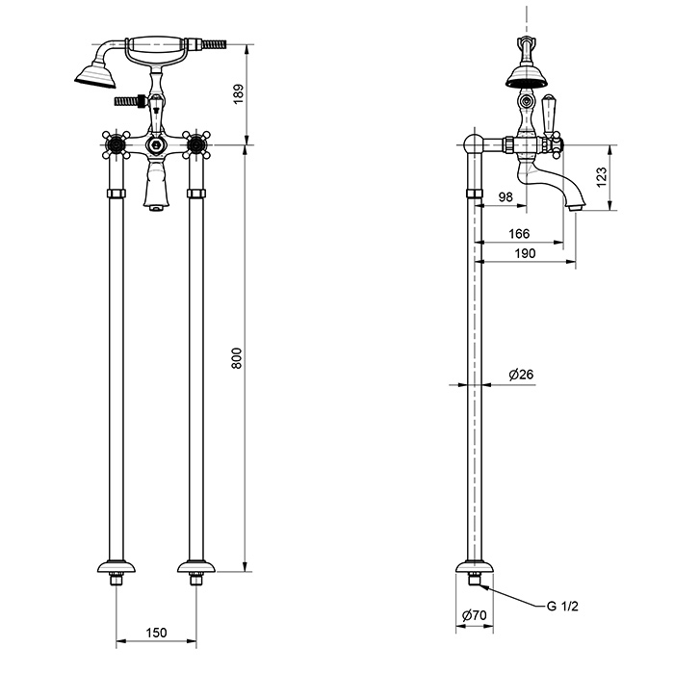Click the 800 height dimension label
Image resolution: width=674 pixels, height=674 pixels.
[x=237, y=358]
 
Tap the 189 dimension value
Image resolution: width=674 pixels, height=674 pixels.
[x=238, y=93]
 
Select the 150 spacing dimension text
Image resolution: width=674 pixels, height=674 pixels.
[x=156, y=633]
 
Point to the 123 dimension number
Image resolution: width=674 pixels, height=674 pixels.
[x=602, y=176]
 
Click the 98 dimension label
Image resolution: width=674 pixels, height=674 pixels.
[x=505, y=196]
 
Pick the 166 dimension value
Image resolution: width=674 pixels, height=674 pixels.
[x=519, y=234]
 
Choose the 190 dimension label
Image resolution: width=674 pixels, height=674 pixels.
[x=526, y=253]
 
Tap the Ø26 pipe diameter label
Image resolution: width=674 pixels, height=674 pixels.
[x=521, y=375]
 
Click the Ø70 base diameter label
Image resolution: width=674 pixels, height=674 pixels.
[x=474, y=615]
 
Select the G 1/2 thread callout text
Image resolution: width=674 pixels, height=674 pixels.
[x=562, y=606]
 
